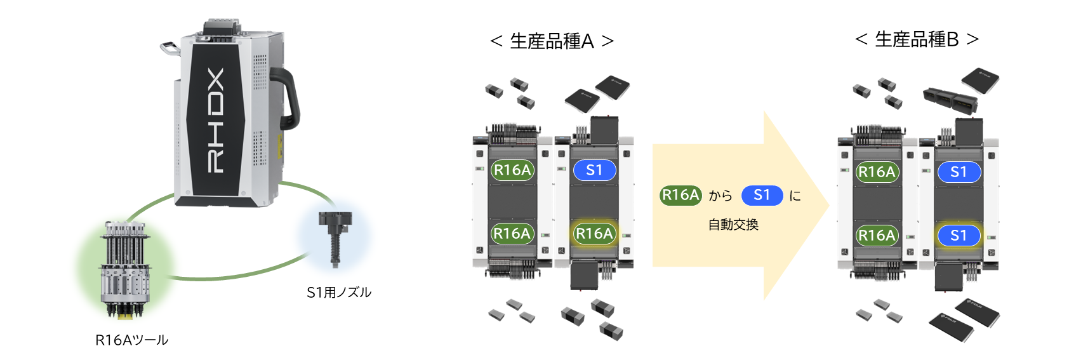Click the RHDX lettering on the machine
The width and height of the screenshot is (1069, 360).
tap(216, 121)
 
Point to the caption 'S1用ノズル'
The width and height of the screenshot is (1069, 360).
tap(338, 293)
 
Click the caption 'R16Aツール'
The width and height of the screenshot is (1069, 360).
tap(131, 340)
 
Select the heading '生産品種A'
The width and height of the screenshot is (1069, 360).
tap(552, 41)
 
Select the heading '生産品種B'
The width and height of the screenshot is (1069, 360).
tap(917, 39)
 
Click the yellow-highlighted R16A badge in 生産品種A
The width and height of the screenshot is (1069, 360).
tap(594, 234)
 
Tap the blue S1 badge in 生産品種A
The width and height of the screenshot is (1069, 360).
tap(594, 170)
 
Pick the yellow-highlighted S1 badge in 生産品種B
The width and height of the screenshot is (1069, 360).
tap(959, 236)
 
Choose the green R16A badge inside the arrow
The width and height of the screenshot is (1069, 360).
tap(681, 195)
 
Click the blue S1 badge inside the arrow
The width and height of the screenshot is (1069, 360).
tap(762, 195)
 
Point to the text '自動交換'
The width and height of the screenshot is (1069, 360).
tap(733, 225)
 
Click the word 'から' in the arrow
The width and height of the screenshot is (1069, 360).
tap(720, 196)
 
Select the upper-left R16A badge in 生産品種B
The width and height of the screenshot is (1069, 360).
tap(877, 172)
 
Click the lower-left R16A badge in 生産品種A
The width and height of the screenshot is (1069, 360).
tap(512, 234)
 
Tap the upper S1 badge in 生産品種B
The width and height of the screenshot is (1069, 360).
tap(959, 172)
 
